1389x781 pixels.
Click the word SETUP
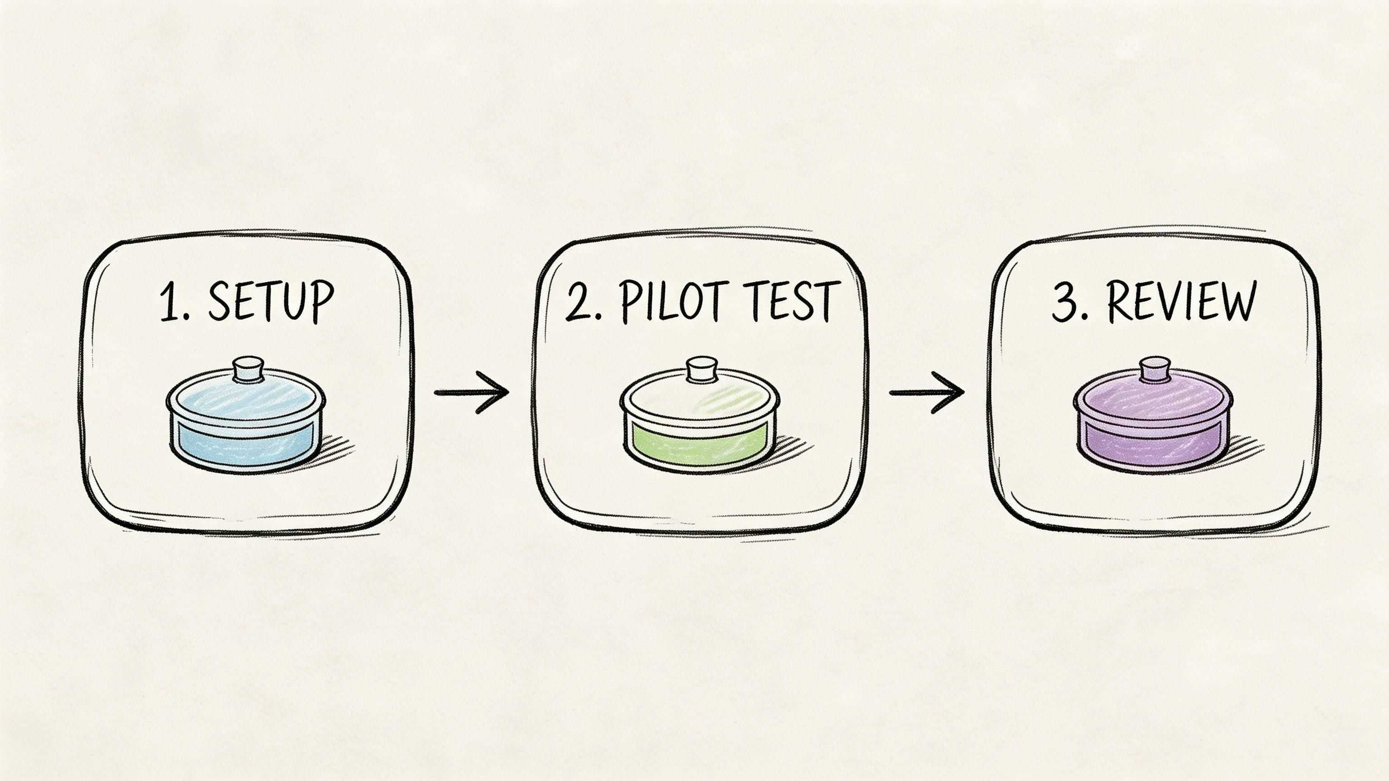270,301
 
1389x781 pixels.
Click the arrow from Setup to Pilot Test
471,392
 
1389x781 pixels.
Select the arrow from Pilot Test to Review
926,392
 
